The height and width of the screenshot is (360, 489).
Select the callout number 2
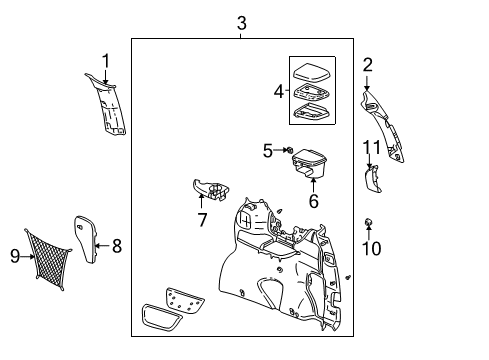tap(367, 67)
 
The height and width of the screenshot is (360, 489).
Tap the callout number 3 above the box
tap(241, 23)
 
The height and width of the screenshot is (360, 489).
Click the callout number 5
tap(266, 151)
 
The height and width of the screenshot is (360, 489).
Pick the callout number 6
tap(313, 201)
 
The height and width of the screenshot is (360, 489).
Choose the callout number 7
tap(202, 219)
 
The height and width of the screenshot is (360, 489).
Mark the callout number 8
tap(117, 245)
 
